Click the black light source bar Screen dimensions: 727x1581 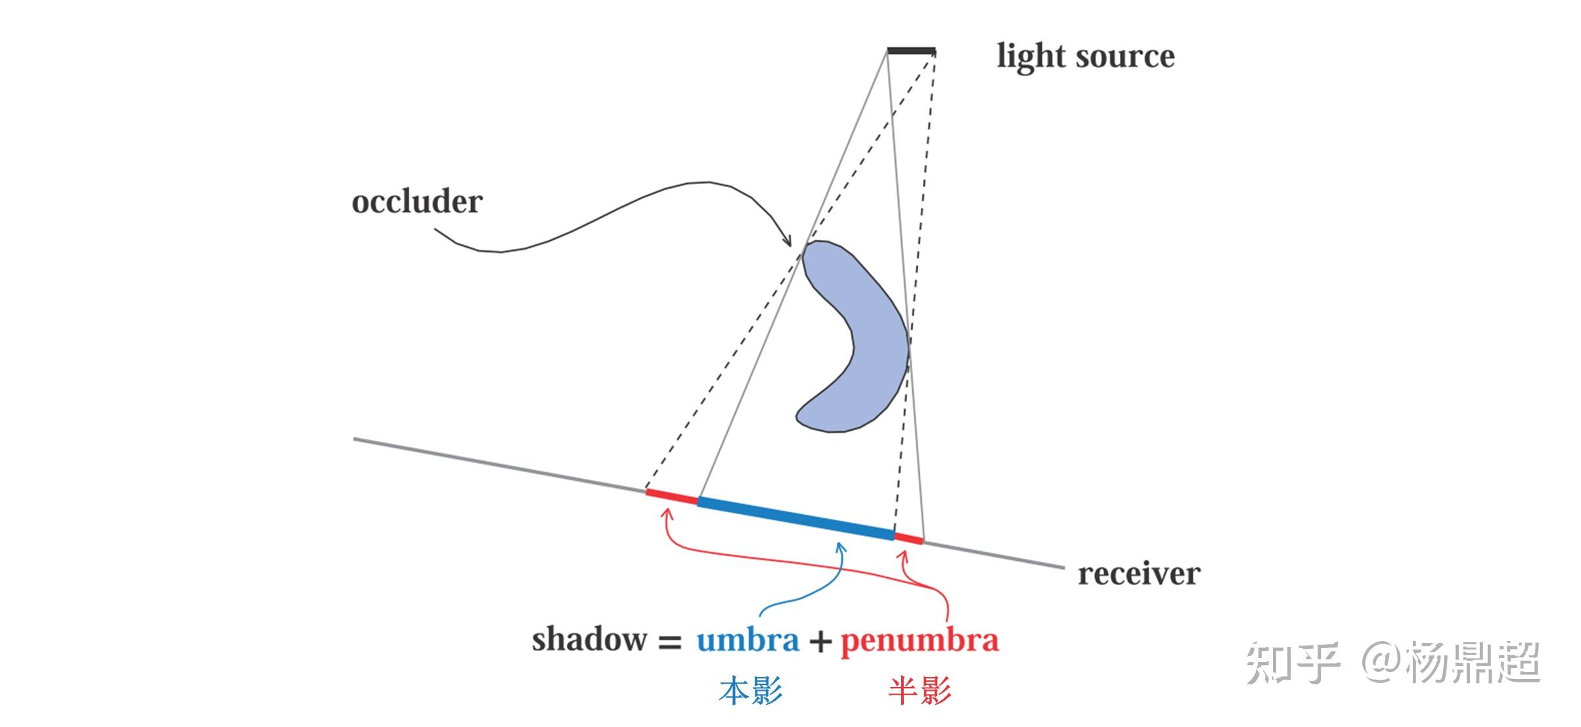(x=911, y=51)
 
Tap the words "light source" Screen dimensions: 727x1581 (x=1085, y=56)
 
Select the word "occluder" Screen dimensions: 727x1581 (x=417, y=202)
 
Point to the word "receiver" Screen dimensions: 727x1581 (x=1139, y=574)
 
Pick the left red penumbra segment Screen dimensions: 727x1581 (x=671, y=496)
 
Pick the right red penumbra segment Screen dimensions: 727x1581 (x=909, y=539)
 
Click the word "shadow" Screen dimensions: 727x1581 (x=589, y=639)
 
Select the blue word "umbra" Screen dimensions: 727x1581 (x=747, y=640)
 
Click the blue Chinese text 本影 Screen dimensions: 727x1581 (x=751, y=692)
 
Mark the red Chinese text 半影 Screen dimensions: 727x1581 (x=920, y=692)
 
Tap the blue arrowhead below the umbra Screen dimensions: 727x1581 (x=841, y=546)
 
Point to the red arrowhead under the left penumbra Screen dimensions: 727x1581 (x=667, y=516)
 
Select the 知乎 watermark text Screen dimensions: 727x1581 (x=1292, y=663)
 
